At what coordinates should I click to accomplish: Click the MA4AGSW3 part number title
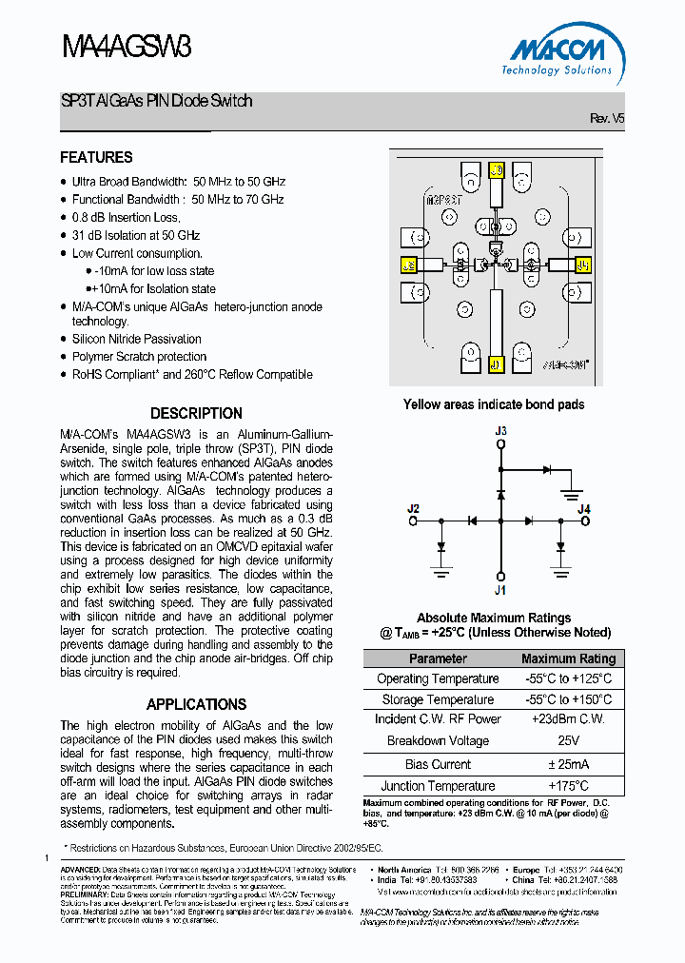(126, 47)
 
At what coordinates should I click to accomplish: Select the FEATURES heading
(96, 158)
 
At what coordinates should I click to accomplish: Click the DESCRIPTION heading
(196, 414)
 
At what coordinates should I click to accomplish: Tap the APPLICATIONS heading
(196, 705)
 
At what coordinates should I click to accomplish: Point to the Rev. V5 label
(607, 119)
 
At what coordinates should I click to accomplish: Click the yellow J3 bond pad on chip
(496, 171)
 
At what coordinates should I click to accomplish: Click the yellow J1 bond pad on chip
(496, 364)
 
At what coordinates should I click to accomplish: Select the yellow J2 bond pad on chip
(410, 265)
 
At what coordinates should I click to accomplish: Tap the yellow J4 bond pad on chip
(582, 265)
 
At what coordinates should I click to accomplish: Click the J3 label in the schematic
(500, 431)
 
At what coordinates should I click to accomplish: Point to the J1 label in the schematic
(500, 589)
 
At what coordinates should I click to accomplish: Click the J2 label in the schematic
(413, 508)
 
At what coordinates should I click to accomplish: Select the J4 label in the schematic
(584, 509)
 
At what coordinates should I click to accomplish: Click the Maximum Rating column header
(568, 658)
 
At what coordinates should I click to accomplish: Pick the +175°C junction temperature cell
(568, 786)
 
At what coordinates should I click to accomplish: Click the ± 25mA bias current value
(568, 764)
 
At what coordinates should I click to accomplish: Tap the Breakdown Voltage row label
(438, 741)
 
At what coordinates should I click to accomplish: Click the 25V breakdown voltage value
(568, 741)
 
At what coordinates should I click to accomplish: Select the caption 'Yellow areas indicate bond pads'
(494, 404)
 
